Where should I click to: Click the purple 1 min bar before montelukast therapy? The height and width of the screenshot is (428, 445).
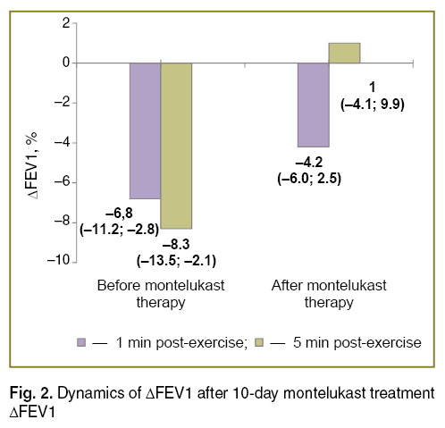pos(145,130)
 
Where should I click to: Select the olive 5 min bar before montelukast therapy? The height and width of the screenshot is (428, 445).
pos(176,146)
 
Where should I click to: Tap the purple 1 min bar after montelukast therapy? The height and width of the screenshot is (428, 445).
pos(314,105)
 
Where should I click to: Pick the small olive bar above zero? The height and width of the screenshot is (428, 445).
pos(345,53)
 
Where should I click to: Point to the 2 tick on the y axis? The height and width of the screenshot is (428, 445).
pos(66,23)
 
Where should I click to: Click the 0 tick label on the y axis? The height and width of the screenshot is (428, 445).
pos(66,63)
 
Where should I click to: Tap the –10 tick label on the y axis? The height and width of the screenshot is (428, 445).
pos(58,260)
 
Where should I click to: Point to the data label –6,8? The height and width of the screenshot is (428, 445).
pos(119,214)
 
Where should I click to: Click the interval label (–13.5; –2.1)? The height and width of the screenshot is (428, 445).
pos(176,261)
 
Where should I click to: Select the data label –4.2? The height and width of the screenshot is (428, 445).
pos(309,163)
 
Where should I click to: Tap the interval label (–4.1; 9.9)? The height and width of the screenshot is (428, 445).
pos(373,105)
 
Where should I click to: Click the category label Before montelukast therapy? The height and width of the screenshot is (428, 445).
pos(161,294)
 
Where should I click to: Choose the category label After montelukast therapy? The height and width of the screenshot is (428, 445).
pos(329,294)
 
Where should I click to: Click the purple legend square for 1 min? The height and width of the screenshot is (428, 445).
pos(81,342)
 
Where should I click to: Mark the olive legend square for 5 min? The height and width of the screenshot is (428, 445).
pos(259,342)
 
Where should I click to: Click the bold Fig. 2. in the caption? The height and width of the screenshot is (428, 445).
pos(31,393)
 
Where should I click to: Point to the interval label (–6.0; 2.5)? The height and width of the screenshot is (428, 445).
pos(309,179)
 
